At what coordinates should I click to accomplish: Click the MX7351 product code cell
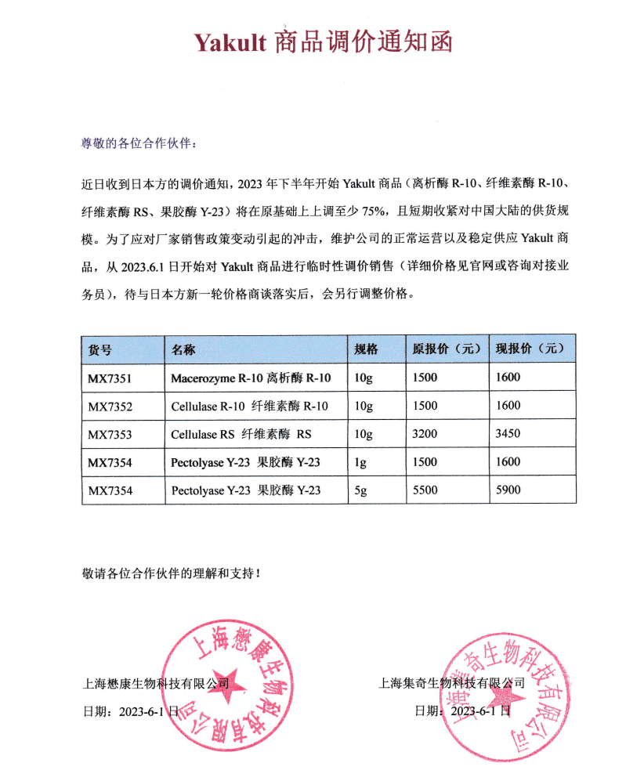click(110, 378)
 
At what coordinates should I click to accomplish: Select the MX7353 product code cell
click(110, 434)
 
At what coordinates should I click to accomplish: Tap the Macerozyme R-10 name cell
click(251, 378)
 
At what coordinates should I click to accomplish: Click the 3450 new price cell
click(508, 434)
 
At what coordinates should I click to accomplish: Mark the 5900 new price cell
click(508, 490)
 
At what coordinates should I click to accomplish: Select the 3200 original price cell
click(425, 434)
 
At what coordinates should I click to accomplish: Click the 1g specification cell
click(360, 462)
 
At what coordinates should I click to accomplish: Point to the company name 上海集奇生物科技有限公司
click(451, 683)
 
